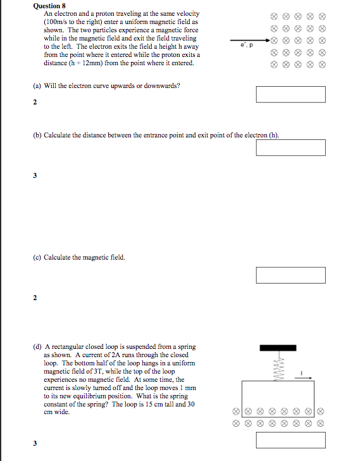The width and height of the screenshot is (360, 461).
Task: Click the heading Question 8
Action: tap(49, 6)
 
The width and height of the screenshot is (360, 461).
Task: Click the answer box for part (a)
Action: tap(290, 94)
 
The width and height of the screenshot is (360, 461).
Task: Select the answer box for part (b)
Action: tap(290, 148)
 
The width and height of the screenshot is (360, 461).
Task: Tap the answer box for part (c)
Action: tap(290, 275)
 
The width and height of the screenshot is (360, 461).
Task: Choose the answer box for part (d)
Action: tap(290, 440)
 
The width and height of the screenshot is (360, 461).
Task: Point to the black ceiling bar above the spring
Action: tap(278, 348)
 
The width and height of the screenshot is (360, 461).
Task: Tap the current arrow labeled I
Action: tap(303, 377)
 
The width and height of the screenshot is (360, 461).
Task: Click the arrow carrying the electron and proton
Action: tap(250, 40)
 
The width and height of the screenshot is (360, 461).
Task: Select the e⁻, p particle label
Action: tap(247, 46)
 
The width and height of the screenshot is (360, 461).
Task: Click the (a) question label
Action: tap(37, 86)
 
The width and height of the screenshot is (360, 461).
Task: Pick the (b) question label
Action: tap(37, 136)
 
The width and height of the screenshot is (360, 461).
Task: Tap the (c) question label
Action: tap(37, 258)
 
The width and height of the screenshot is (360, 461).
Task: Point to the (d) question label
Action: tap(37, 347)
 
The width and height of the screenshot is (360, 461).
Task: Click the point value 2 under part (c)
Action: tap(35, 298)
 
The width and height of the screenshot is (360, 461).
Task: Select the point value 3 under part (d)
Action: tap(35, 443)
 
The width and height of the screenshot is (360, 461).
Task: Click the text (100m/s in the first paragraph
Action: tap(55, 22)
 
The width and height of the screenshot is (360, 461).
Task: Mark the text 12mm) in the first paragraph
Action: tap(92, 63)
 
